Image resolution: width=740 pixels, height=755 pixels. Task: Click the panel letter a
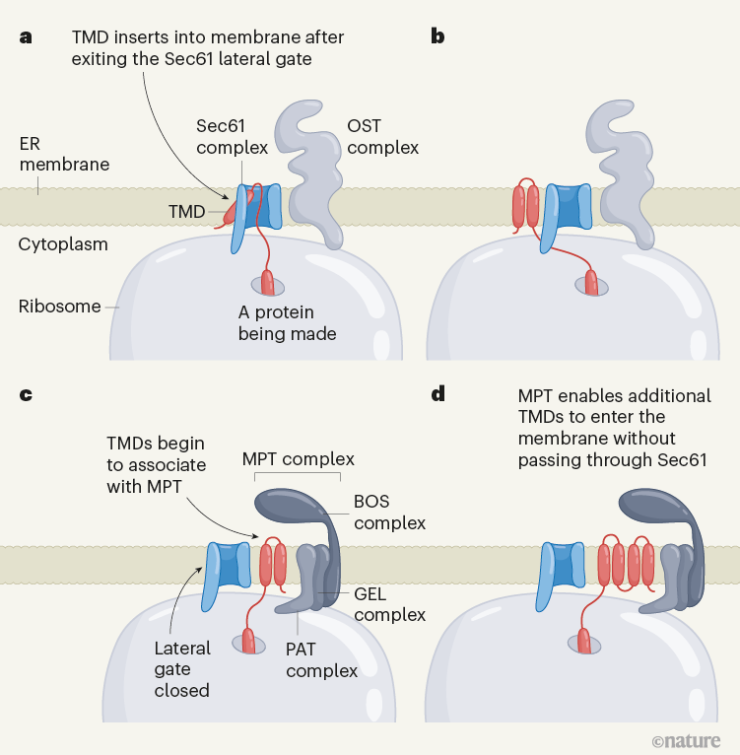(26, 37)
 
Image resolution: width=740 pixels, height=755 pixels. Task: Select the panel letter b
(437, 37)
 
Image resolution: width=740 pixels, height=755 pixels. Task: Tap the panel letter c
(26, 395)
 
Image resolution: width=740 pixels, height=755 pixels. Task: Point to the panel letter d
(437, 395)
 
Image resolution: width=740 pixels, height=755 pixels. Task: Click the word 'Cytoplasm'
(63, 243)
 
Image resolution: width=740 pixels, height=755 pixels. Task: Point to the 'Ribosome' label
(59, 307)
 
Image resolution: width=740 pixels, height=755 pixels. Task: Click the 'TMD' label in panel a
(186, 211)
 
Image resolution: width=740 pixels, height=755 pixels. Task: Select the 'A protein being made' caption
(288, 322)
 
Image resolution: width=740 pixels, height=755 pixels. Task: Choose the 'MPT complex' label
(297, 459)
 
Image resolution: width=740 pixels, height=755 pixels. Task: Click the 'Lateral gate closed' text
(182, 669)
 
